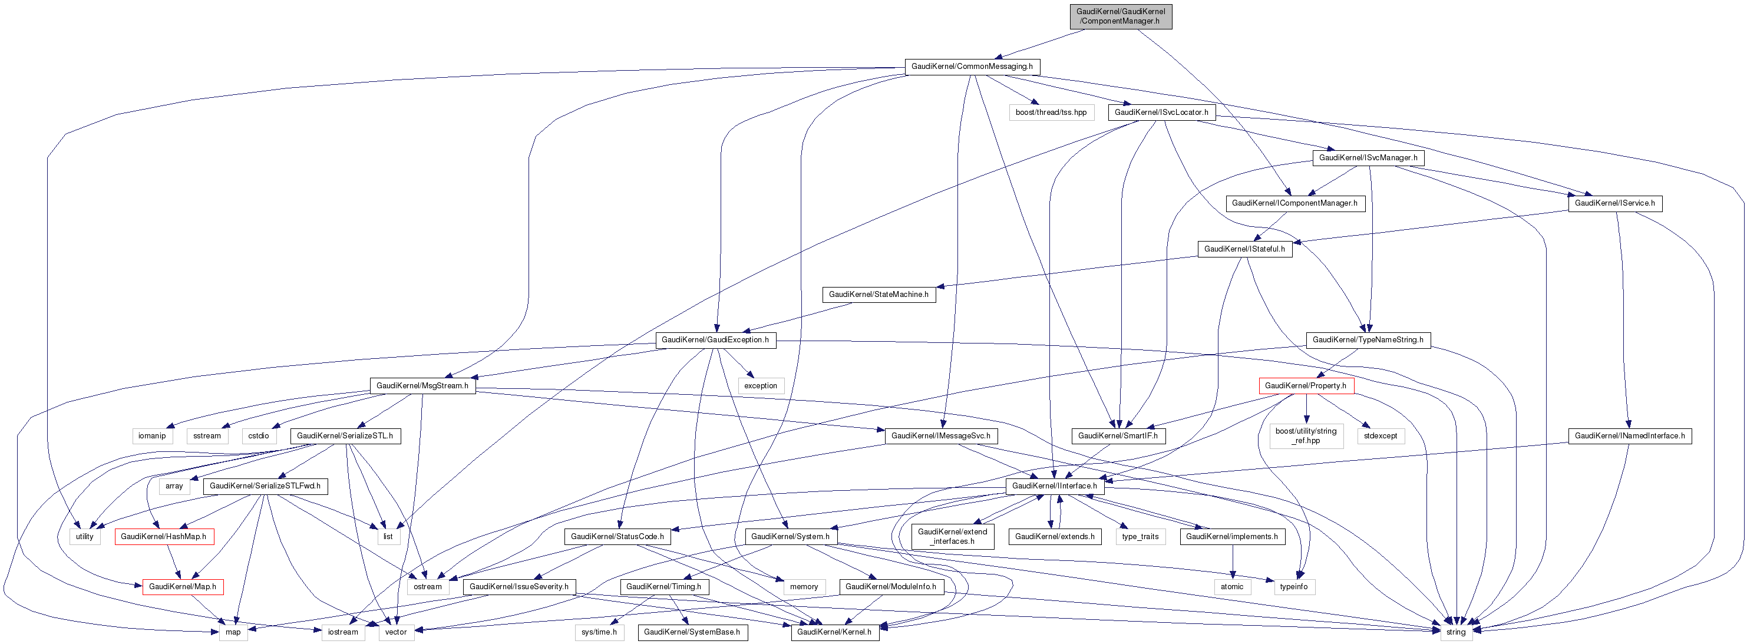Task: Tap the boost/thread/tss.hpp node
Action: [1051, 113]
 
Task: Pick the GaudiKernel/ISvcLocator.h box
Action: [1161, 113]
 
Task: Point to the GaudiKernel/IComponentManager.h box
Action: [1294, 203]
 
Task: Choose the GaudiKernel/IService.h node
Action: [1614, 203]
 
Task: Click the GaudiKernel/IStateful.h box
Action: [1244, 249]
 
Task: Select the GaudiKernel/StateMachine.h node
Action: [879, 295]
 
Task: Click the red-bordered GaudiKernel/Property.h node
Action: [1306, 387]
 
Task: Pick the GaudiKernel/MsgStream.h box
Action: [422, 387]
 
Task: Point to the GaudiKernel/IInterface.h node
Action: [1055, 487]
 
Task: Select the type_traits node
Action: [1140, 537]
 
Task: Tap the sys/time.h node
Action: [599, 632]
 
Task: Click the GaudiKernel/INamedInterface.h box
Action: [1630, 437]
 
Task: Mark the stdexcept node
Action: [1381, 437]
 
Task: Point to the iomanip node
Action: [152, 437]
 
